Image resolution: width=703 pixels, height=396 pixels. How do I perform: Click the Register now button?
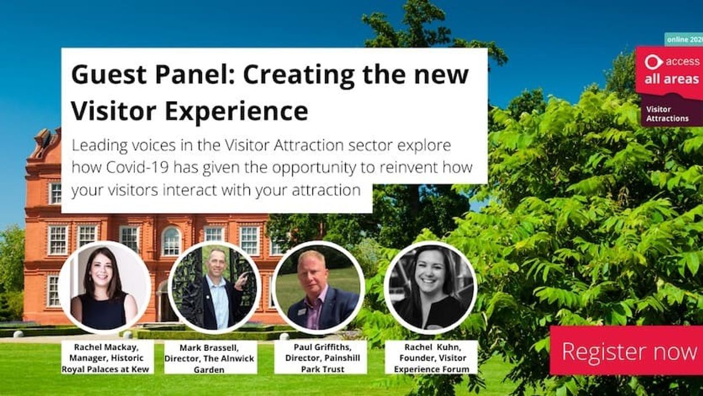click(627, 351)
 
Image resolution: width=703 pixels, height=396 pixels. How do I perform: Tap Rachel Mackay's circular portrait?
click(104, 287)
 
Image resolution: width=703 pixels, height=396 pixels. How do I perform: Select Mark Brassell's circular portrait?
click(215, 287)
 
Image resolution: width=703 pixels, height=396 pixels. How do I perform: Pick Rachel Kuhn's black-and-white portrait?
click(430, 287)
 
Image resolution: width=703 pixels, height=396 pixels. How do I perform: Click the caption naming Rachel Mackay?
click(106, 357)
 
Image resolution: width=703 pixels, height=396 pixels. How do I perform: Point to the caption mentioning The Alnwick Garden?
click(210, 357)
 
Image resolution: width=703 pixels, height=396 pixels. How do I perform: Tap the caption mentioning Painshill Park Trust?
click(320, 357)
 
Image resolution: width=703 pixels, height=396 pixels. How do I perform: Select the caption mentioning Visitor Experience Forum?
click(431, 357)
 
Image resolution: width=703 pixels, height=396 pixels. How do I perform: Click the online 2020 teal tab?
click(683, 39)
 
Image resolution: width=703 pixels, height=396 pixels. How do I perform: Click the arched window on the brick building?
click(171, 240)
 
